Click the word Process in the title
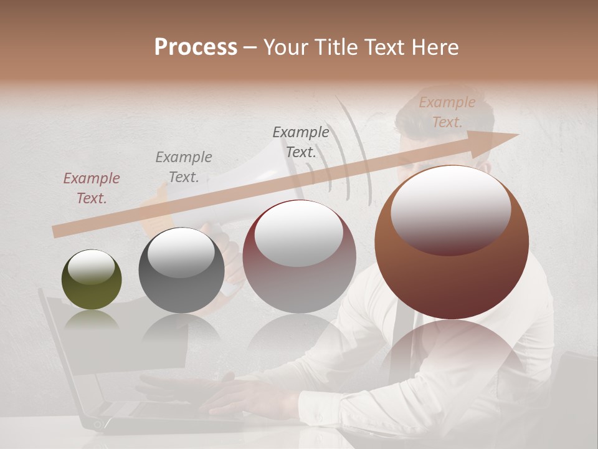click(196, 47)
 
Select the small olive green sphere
click(92, 279)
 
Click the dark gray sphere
click(181, 270)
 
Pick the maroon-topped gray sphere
click(299, 256)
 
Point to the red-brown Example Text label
click(92, 188)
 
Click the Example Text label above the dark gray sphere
click(184, 167)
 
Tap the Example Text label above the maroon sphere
click(301, 142)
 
